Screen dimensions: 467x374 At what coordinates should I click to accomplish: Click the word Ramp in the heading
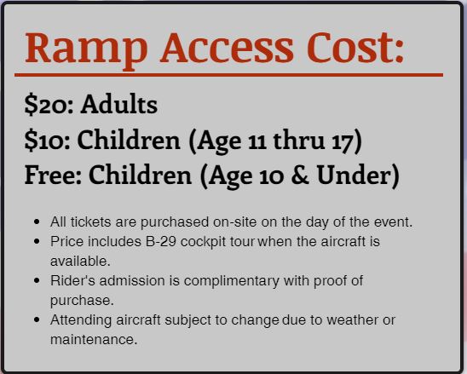click(86, 50)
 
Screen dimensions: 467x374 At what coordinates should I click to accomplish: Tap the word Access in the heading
click(227, 48)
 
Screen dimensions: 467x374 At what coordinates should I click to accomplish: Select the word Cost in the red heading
click(350, 48)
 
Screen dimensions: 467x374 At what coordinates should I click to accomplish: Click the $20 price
click(47, 105)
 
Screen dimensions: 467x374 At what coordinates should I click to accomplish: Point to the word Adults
click(118, 104)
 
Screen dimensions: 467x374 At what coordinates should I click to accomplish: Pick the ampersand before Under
click(300, 175)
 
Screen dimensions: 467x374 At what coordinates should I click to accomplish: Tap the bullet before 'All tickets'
click(37, 222)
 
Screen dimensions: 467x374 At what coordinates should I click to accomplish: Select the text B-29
click(161, 241)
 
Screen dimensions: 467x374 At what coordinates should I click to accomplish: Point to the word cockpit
click(203, 242)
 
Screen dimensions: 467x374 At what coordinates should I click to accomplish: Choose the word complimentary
click(232, 281)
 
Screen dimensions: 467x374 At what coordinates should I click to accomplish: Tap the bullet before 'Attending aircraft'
click(37, 320)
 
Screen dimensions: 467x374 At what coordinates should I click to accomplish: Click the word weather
click(357, 320)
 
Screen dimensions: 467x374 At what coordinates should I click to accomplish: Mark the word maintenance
click(94, 340)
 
